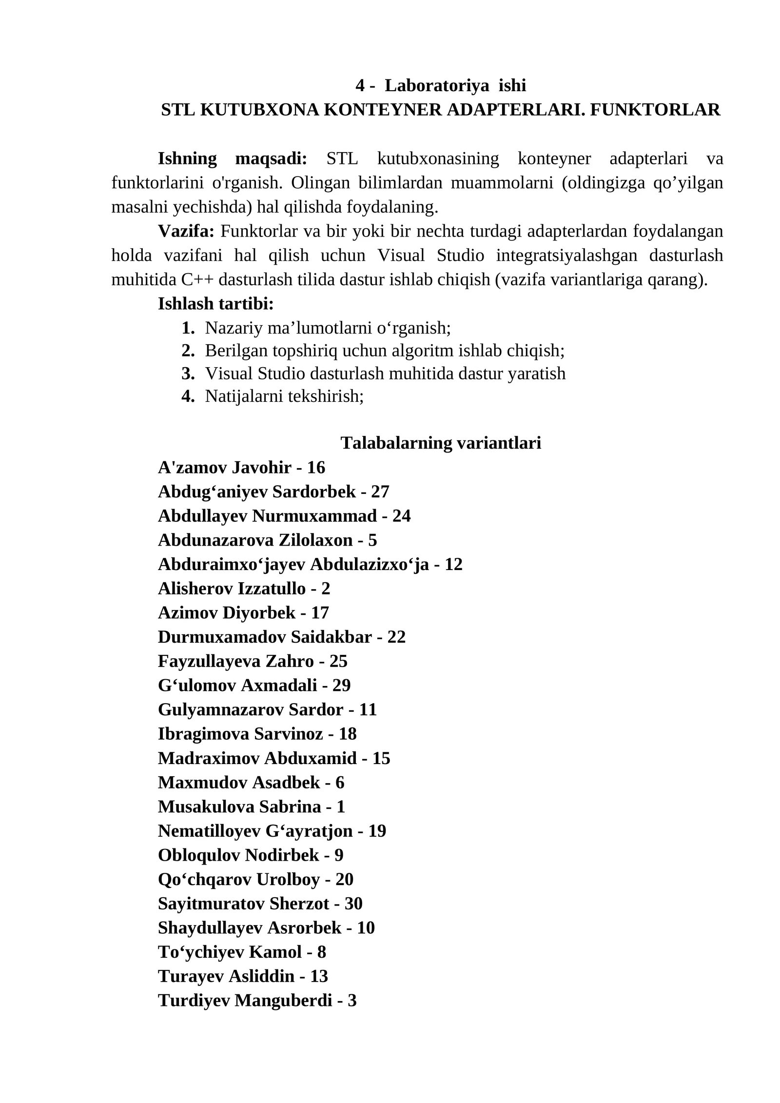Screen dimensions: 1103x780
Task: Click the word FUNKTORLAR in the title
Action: (655, 110)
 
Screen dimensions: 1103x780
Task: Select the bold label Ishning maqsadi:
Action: (232, 159)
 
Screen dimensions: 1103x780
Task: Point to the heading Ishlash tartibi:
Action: (215, 304)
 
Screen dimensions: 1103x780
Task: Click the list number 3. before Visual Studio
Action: (188, 374)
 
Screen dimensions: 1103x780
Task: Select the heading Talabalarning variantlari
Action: (441, 443)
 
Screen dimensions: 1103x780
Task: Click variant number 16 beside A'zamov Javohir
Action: (316, 468)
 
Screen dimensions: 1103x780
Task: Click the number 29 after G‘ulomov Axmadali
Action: (341, 686)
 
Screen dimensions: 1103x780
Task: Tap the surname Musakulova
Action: (206, 807)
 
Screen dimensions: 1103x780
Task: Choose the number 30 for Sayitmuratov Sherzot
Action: (353, 904)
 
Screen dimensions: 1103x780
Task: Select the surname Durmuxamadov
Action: (222, 637)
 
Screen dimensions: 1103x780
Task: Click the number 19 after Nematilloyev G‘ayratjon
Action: (377, 831)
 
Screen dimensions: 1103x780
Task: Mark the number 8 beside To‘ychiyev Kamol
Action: (321, 952)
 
